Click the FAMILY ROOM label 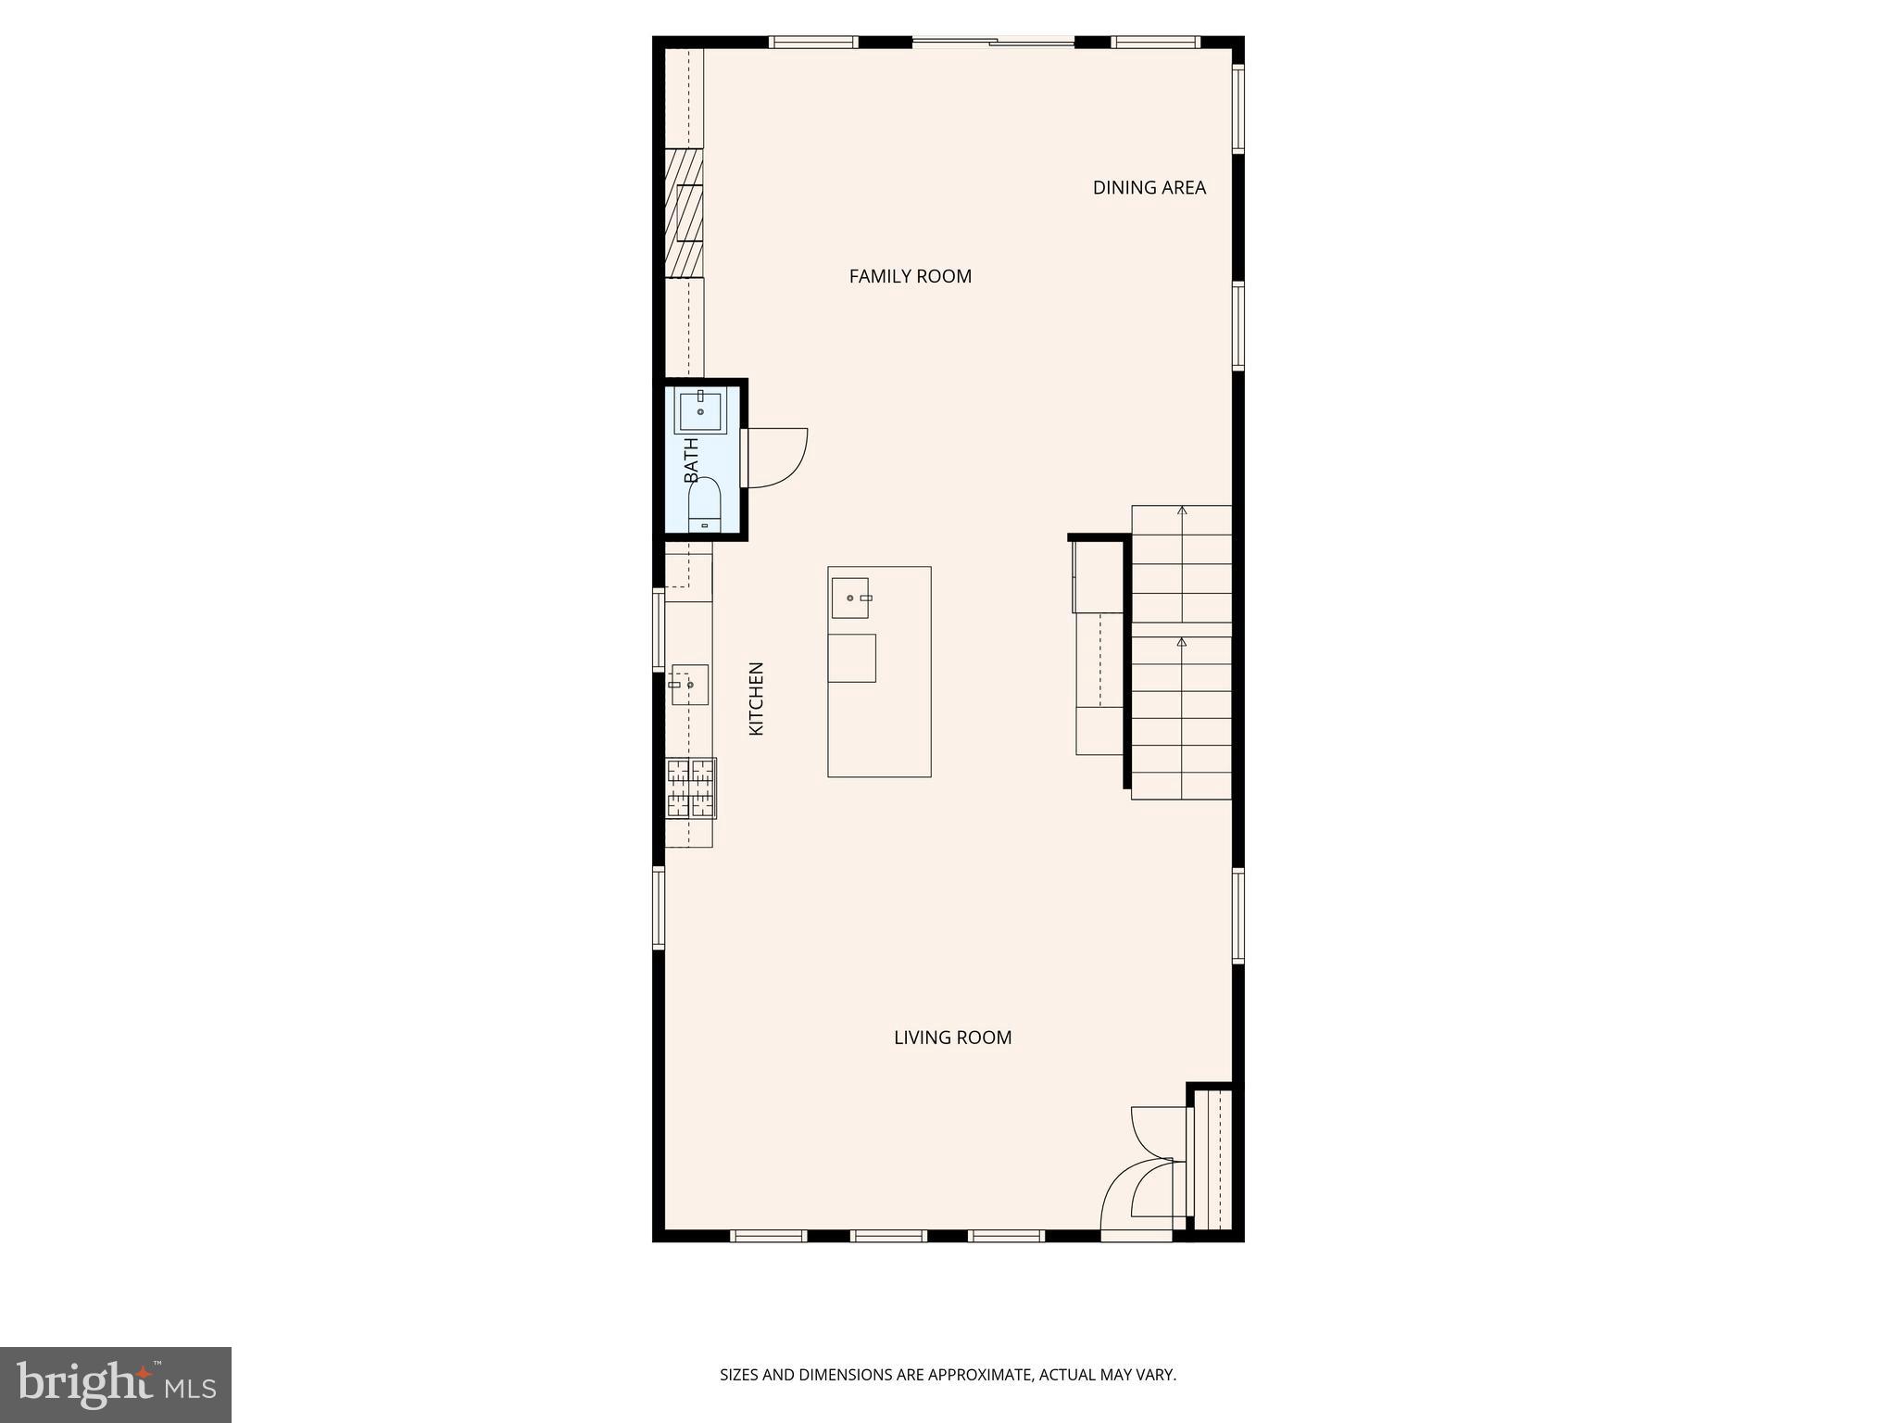[910, 276]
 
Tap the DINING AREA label [1149, 188]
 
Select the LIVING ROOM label [952, 1038]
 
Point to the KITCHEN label [756, 699]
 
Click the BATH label [691, 460]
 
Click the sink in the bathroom [700, 411]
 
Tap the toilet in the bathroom [704, 505]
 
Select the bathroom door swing [776, 458]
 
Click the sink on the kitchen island [849, 598]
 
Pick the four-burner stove [691, 787]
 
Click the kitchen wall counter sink [689, 685]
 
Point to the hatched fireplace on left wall [684, 213]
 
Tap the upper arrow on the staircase [1181, 511]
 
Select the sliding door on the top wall [993, 42]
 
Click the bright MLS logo [116, 1385]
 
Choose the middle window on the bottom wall [888, 1235]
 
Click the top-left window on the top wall [813, 42]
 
